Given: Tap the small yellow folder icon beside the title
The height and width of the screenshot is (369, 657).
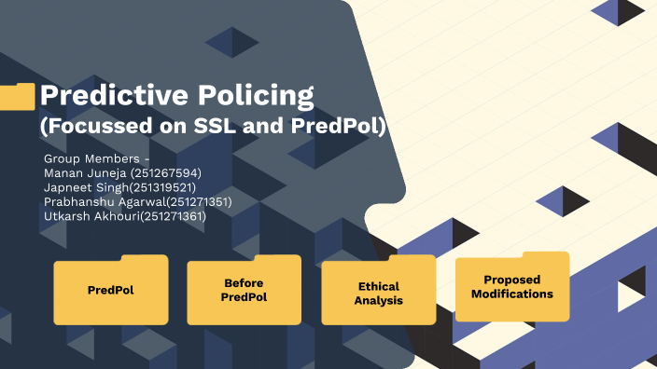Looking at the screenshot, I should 18,97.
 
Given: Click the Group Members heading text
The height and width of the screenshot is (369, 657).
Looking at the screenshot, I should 96,158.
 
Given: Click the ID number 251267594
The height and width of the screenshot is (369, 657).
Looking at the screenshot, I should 166,173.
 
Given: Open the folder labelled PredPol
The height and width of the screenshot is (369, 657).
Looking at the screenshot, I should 111,290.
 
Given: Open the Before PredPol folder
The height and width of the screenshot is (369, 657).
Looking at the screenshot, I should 244,290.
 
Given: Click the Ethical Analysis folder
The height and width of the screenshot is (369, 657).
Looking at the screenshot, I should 378,293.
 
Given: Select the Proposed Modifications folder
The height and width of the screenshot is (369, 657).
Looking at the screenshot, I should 511,287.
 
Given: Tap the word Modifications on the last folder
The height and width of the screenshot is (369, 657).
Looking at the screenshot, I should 511,294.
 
